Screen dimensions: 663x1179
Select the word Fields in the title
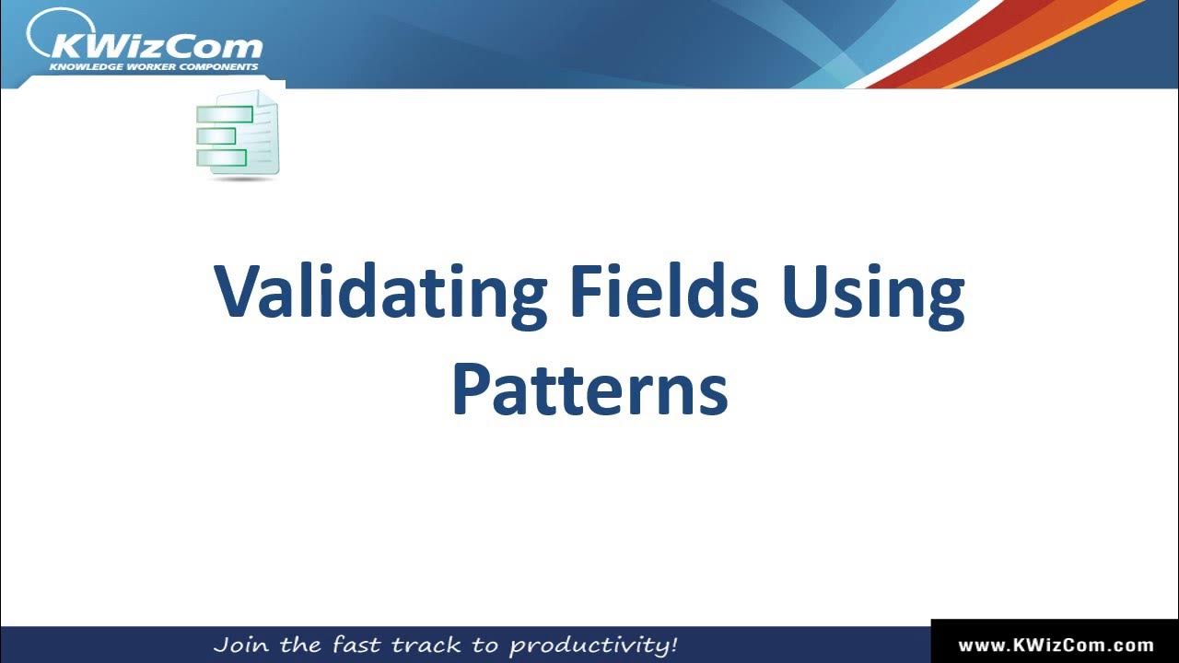pos(663,291)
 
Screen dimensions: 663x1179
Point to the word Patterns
pos(589,390)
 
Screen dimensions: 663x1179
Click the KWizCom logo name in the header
pos(157,45)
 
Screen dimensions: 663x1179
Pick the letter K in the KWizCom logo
pos(69,45)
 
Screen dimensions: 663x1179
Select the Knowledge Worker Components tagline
pos(153,67)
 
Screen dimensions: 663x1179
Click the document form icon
pos(238,134)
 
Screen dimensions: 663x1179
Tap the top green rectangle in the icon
pos(225,115)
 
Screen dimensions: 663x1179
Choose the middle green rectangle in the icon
pos(216,136)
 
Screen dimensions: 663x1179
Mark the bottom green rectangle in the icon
pos(222,157)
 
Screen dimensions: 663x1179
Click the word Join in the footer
pos(241,645)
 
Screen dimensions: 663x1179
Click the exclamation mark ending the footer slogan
pos(673,644)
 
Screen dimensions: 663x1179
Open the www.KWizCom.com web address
pos(1056,646)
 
